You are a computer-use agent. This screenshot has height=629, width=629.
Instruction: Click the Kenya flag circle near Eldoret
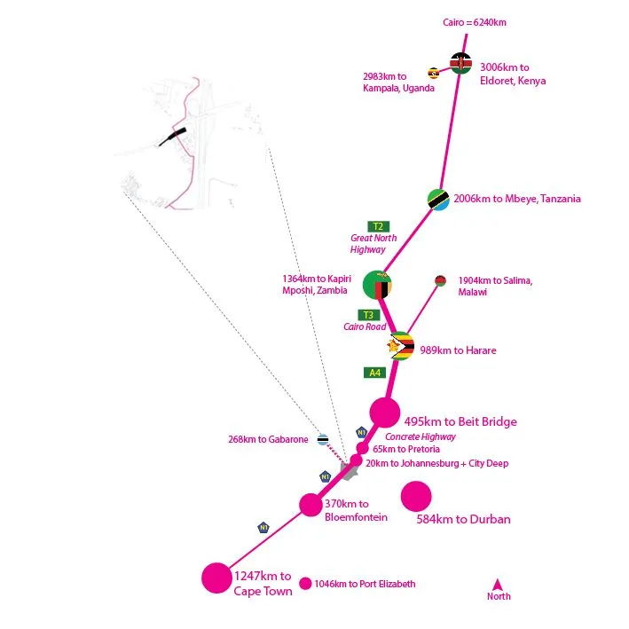tap(460, 63)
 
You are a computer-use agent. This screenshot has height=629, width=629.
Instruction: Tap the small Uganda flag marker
tap(433, 74)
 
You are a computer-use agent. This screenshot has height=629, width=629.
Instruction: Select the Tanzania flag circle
tap(438, 200)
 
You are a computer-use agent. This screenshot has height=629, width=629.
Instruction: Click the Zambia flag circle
tap(377, 285)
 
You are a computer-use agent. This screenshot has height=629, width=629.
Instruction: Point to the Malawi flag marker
tap(440, 280)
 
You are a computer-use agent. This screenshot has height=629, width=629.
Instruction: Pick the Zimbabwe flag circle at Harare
tap(400, 346)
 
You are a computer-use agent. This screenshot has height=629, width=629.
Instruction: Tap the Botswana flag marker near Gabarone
tap(323, 440)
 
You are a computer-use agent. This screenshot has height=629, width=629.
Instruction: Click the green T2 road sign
tap(378, 226)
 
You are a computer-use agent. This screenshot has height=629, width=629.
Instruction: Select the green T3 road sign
tap(368, 315)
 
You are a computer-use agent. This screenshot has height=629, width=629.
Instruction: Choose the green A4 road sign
tap(374, 373)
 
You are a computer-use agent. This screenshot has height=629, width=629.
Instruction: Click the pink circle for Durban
tap(416, 496)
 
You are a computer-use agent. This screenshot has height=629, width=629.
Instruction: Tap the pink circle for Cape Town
tap(216, 578)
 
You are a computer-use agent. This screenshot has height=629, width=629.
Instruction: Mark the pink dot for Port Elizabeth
tap(305, 584)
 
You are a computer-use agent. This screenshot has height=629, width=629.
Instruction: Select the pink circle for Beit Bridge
tap(385, 413)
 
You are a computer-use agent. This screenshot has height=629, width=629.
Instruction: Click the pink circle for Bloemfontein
tap(311, 505)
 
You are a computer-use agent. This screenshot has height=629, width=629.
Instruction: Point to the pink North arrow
tap(498, 584)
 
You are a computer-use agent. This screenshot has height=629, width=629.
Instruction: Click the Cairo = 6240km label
tap(474, 22)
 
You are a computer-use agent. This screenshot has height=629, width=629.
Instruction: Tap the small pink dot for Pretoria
tap(362, 448)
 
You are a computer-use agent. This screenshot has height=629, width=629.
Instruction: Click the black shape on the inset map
tap(172, 137)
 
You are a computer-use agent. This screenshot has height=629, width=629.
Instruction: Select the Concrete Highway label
tap(421, 436)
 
